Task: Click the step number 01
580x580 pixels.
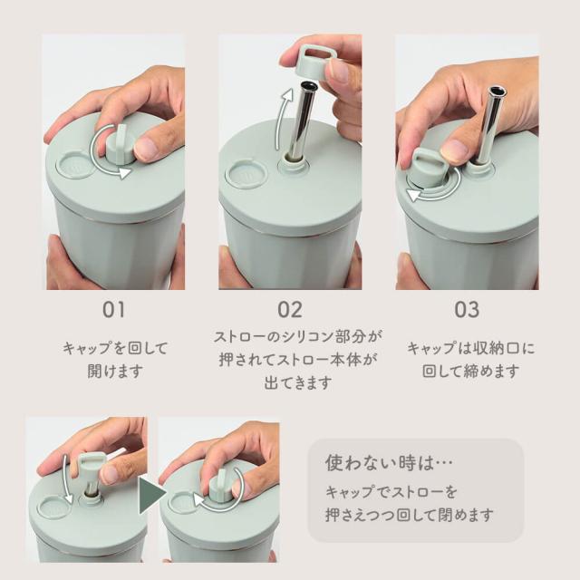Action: point(113,310)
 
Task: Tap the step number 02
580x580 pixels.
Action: point(290,310)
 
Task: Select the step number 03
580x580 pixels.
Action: point(467,310)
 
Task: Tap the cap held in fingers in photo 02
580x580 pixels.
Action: point(314,63)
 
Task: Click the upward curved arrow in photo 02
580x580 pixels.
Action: point(283,119)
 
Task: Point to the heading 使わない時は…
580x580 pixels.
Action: point(389,463)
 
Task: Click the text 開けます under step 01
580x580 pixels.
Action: point(115,371)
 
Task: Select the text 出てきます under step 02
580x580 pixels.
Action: point(298,382)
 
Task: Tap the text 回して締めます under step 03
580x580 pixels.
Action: point(470,371)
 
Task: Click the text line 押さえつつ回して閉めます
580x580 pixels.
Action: point(410,515)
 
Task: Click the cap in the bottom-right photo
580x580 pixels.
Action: point(221,485)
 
